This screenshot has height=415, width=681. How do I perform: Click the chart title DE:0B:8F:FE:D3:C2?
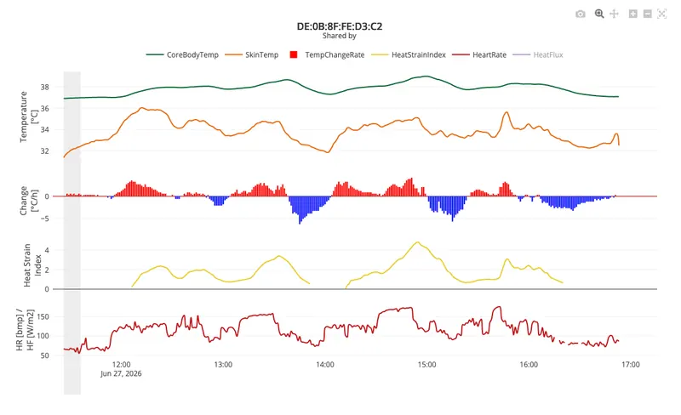pos(340,26)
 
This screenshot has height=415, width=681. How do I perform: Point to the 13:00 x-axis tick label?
pos(223,365)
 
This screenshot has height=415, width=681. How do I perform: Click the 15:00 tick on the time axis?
pos(427,365)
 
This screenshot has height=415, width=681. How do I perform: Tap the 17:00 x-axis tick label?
pos(630,365)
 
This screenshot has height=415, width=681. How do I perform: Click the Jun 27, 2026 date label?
pos(121,374)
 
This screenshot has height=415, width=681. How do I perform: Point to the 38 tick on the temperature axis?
pos(45,88)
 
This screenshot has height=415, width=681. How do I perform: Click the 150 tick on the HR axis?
pos(43,317)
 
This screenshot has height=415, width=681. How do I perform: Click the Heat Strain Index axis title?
pos(32,265)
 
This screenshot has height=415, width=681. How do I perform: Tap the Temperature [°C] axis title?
pos(29,117)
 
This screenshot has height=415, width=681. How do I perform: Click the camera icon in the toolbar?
pos(581,14)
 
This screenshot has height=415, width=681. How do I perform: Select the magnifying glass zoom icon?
pos(599,14)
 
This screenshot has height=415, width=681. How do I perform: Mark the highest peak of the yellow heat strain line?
pos(417,242)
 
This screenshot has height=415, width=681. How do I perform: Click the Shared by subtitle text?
pos(339,36)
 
